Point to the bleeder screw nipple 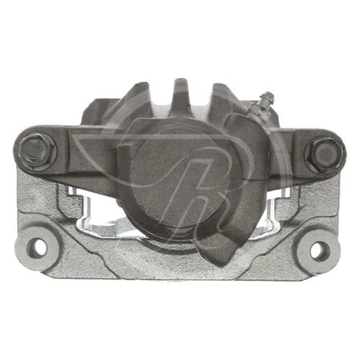coord(264,101)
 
